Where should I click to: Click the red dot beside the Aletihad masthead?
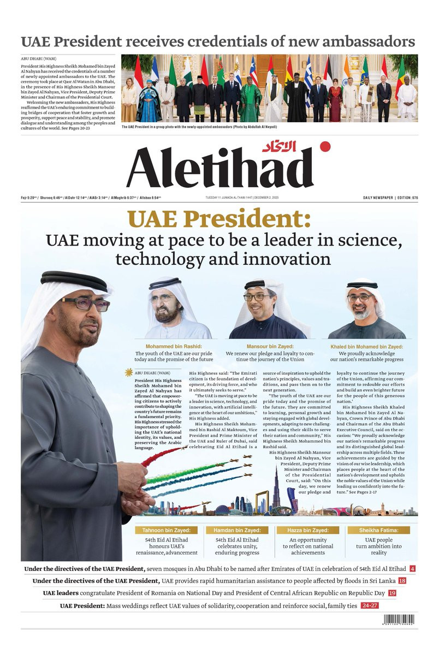(325, 146)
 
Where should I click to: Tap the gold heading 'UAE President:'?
(219, 219)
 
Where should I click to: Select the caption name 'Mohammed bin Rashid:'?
(174, 347)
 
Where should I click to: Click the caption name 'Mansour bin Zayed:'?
(270, 347)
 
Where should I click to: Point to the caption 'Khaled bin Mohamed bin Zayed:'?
(366, 347)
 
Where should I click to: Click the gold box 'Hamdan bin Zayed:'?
(238, 530)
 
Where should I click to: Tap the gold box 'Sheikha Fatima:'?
(376, 530)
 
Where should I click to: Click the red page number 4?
(412, 569)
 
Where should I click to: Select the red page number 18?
(402, 581)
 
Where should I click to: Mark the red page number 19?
(392, 593)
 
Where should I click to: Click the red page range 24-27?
(370, 605)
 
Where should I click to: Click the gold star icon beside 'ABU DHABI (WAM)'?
(129, 372)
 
